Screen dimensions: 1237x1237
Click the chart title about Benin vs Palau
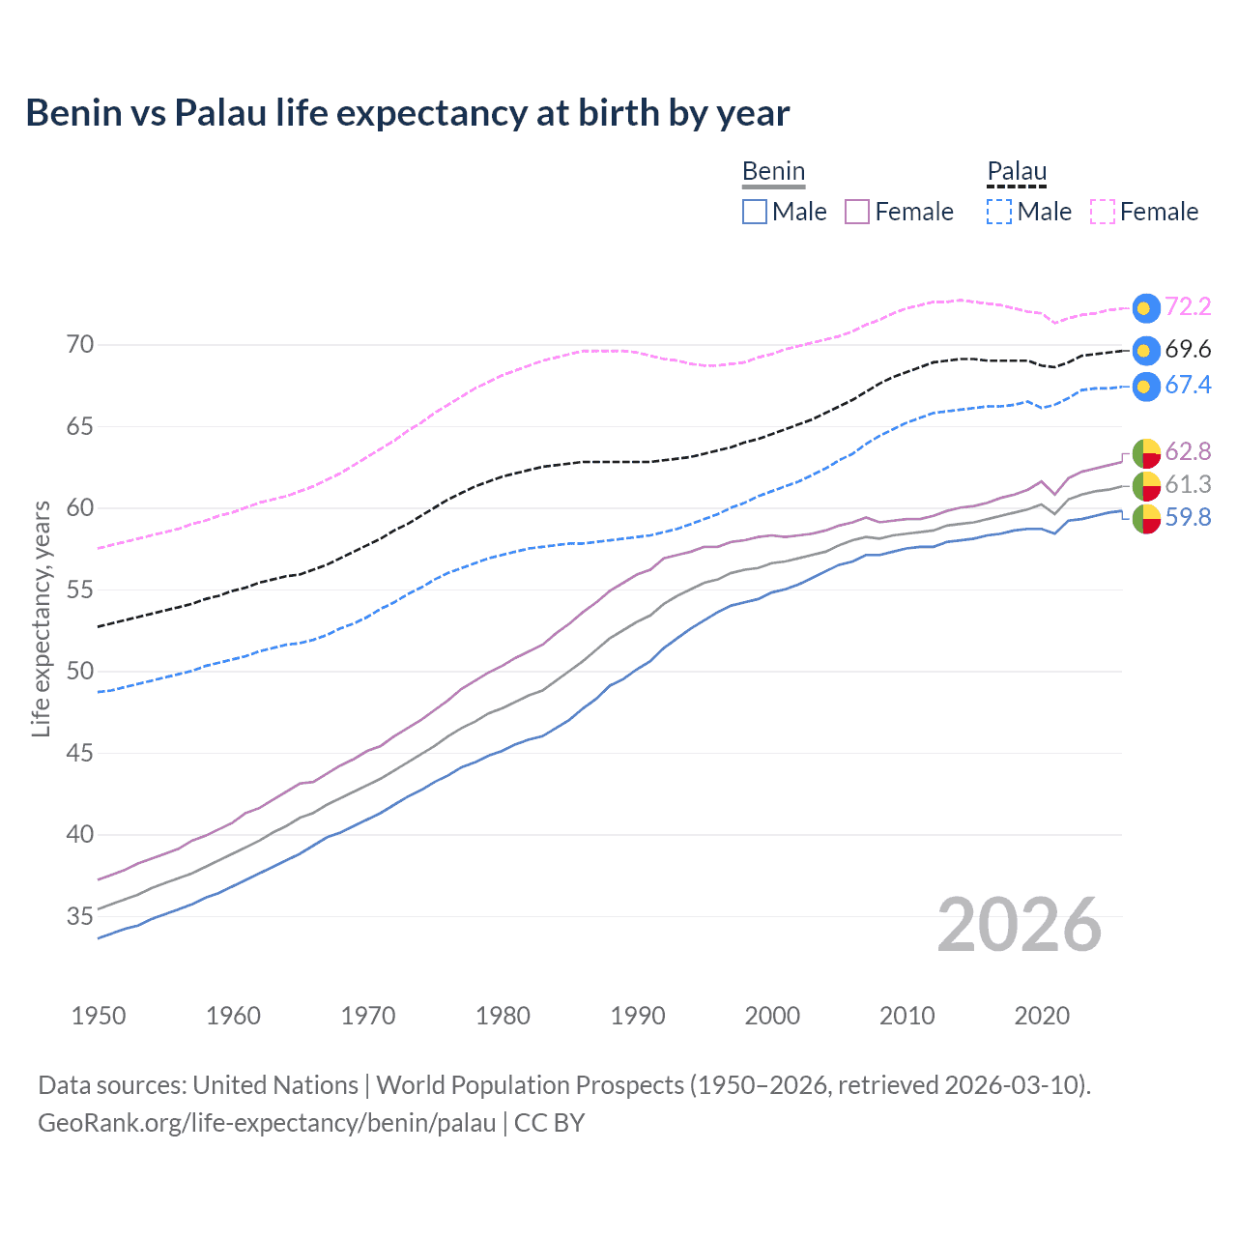(x=407, y=113)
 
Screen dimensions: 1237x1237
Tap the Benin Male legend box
(x=755, y=212)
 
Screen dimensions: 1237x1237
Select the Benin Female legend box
(x=857, y=212)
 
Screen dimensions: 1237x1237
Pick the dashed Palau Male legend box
(x=999, y=212)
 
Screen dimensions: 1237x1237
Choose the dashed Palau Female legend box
(x=1103, y=212)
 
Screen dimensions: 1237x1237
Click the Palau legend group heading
(x=1017, y=172)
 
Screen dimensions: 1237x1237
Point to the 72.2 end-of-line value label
(x=1188, y=307)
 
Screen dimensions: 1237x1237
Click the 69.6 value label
(x=1188, y=350)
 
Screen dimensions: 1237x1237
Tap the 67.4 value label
(x=1188, y=386)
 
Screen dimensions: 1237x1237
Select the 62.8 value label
(x=1188, y=451)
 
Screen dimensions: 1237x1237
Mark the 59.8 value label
(x=1188, y=518)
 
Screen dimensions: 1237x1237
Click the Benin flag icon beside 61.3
(x=1146, y=485)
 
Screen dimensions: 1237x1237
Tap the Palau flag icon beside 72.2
(x=1146, y=308)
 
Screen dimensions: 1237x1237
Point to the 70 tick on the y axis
(x=80, y=345)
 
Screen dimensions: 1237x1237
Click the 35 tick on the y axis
(x=80, y=916)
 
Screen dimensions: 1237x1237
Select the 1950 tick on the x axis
(x=99, y=1016)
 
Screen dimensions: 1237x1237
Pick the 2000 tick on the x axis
(x=772, y=1016)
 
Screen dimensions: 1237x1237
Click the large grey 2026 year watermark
(x=1020, y=925)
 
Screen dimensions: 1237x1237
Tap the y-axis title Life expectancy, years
(x=41, y=618)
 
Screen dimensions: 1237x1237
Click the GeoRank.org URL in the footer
(x=267, y=1123)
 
